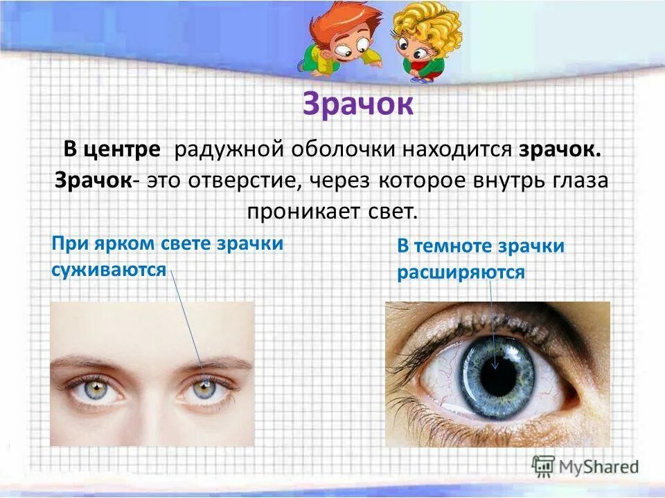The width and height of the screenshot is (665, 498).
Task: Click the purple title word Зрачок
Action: click(357, 105)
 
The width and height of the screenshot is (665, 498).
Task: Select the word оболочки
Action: click(341, 149)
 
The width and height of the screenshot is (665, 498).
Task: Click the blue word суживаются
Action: click(109, 268)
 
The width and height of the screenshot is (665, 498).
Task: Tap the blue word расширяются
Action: click(461, 273)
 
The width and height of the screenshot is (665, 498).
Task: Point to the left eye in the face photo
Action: click(94, 390)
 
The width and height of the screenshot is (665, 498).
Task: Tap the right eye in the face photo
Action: click(205, 389)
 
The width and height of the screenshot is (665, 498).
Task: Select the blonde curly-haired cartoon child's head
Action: click(425, 28)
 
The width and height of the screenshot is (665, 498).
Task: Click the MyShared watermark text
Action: click(597, 468)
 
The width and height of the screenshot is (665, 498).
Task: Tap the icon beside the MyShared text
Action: click(543, 467)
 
